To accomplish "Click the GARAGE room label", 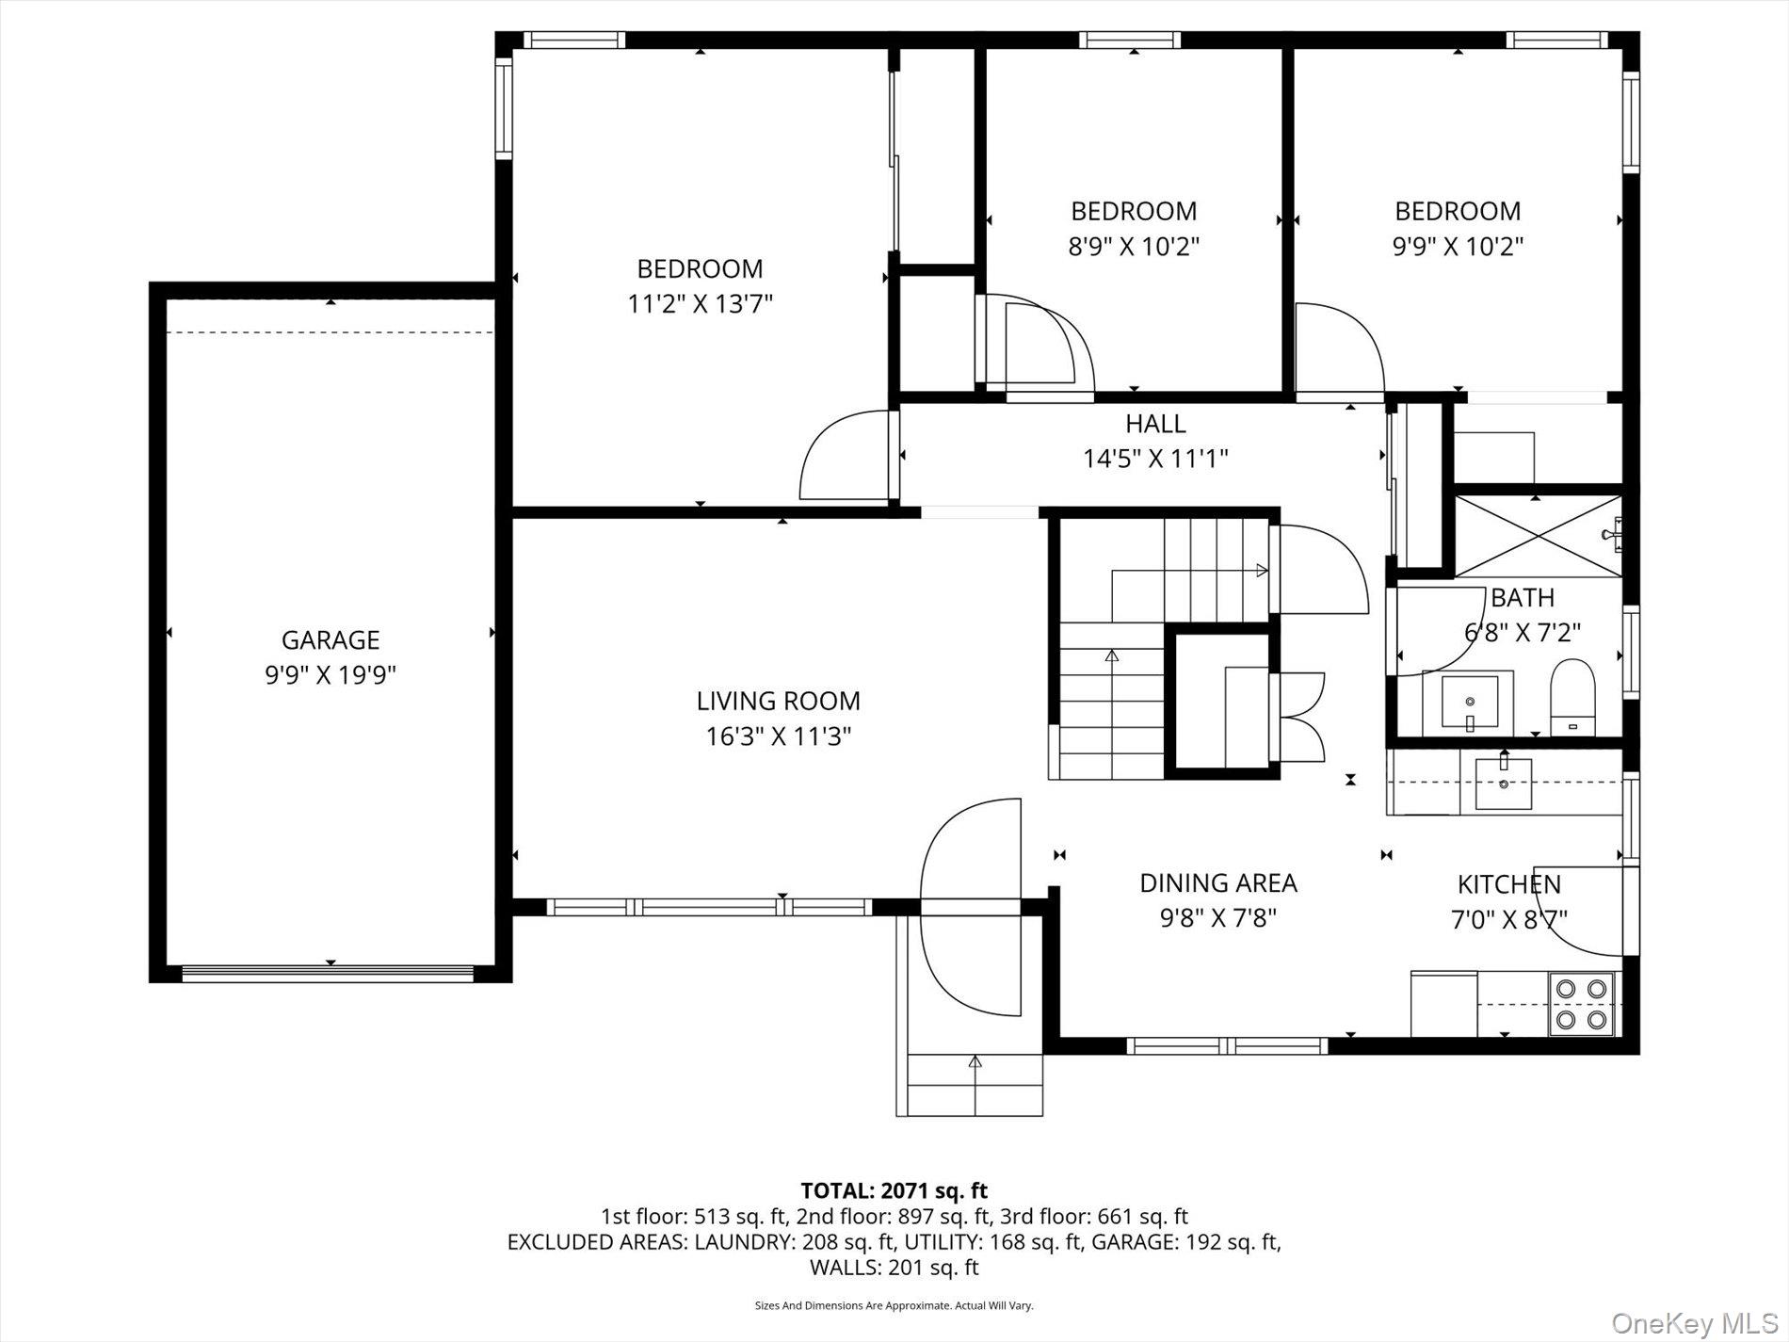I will pos(330,640).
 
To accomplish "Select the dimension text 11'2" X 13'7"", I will pos(700,304).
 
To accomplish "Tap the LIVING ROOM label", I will pos(778,701).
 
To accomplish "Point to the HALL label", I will pos(1155,424).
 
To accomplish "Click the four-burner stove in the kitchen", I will pos(1581,1004).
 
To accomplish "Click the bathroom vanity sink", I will pos(1470,702).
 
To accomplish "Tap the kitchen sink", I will pos(1503,783).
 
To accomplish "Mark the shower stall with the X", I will pos(1536,536).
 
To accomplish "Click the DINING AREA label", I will pos(1217,883).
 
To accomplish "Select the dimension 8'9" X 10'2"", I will pos(1134,247).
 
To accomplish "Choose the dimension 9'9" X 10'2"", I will pos(1458,247).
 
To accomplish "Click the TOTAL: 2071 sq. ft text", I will pos(894,1191).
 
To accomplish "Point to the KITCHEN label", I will pos(1508,884).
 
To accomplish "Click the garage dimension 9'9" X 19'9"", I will pos(330,675).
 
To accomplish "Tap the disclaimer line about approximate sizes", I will pos(894,1305).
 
